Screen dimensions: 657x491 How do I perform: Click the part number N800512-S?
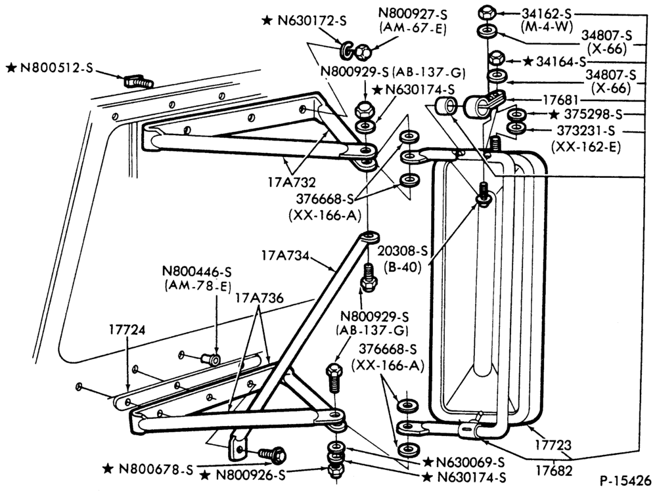click(56, 68)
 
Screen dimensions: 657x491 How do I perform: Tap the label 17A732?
click(292, 182)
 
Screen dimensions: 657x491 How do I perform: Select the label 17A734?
click(285, 255)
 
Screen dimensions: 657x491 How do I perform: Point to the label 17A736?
click(260, 297)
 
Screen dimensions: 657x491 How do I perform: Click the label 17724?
click(127, 330)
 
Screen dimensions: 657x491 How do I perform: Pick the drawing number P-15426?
click(625, 480)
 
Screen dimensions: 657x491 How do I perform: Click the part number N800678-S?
click(156, 469)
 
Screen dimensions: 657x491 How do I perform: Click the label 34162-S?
click(547, 14)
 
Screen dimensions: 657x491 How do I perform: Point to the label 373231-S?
click(586, 131)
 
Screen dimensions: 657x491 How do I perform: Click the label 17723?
click(553, 445)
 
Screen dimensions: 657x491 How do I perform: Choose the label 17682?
click(554, 471)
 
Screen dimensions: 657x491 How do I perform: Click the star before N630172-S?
click(267, 20)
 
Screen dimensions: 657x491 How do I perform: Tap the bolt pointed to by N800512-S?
click(138, 81)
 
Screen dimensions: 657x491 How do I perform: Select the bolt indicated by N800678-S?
click(273, 454)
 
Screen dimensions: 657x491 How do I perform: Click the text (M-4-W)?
click(546, 27)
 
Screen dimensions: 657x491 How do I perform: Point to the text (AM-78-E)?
click(198, 286)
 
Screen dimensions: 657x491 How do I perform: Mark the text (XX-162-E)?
click(586, 146)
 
